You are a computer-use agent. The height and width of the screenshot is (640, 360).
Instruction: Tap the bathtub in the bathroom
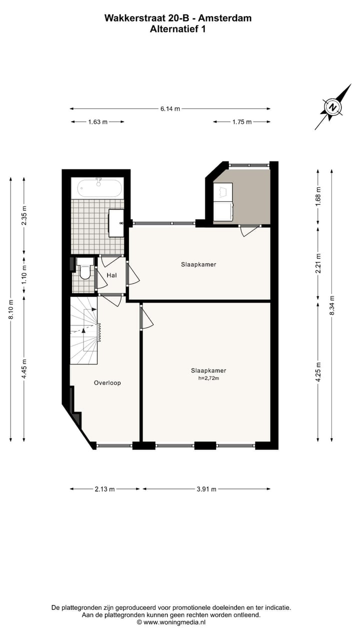click(98, 188)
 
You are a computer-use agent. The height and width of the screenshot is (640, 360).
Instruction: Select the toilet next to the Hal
click(85, 270)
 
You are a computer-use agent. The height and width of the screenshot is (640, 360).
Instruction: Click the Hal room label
click(111, 274)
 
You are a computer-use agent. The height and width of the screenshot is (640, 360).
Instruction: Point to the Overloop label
click(107, 383)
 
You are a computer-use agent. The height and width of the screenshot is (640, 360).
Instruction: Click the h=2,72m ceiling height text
click(208, 378)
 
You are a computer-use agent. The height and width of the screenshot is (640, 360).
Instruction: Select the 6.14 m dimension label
click(170, 108)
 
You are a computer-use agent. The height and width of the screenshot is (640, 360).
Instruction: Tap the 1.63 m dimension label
click(97, 122)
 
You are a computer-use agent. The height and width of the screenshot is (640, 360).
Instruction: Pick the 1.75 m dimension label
click(242, 122)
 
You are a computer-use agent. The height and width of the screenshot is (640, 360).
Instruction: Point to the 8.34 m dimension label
click(332, 305)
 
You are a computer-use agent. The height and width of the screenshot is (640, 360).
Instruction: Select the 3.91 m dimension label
click(206, 489)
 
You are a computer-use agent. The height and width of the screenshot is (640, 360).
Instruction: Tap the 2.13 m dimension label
click(104, 489)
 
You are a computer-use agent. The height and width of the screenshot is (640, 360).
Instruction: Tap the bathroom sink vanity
click(117, 222)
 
